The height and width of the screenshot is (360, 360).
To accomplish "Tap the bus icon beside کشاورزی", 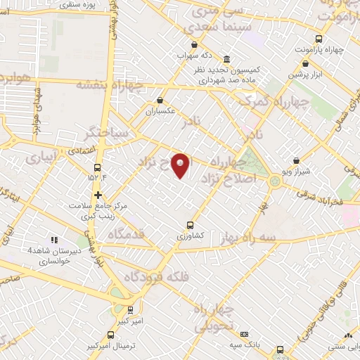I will pos(190,226).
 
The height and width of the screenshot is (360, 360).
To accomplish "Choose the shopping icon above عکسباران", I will pos(161,100).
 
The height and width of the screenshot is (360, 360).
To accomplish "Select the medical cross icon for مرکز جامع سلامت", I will pos(98,194).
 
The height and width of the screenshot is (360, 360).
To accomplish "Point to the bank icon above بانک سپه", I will pos(244,334).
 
